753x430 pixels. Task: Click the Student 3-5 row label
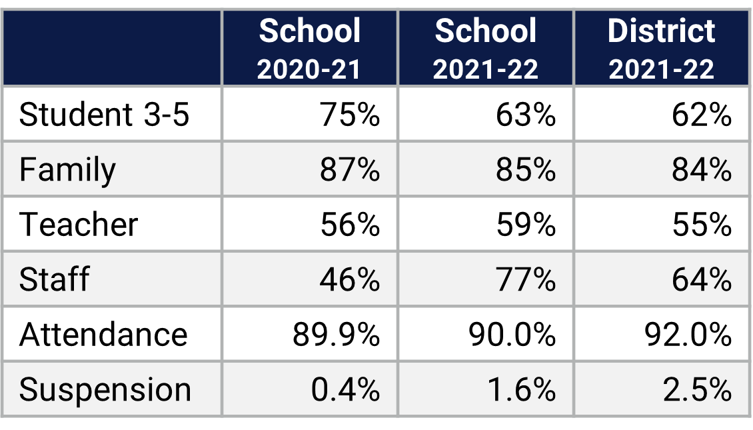click(105, 115)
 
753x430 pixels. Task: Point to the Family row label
click(67, 169)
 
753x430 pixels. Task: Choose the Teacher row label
click(79, 224)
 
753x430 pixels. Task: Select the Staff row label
click(54, 279)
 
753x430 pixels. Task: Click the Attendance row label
click(103, 334)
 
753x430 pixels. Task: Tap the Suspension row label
click(105, 389)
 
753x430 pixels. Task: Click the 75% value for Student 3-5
click(350, 115)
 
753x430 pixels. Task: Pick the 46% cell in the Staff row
click(350, 279)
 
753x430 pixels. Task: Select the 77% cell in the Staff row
click(526, 279)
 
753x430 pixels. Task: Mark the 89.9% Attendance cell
click(337, 334)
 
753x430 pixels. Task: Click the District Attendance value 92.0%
click(688, 334)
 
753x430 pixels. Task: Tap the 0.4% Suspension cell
click(346, 389)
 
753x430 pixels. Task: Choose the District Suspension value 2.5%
click(698, 389)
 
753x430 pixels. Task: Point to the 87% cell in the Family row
click(350, 169)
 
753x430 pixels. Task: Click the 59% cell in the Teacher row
click(526, 224)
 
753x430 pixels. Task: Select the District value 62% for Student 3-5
click(702, 115)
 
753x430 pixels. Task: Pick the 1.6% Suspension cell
click(522, 389)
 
